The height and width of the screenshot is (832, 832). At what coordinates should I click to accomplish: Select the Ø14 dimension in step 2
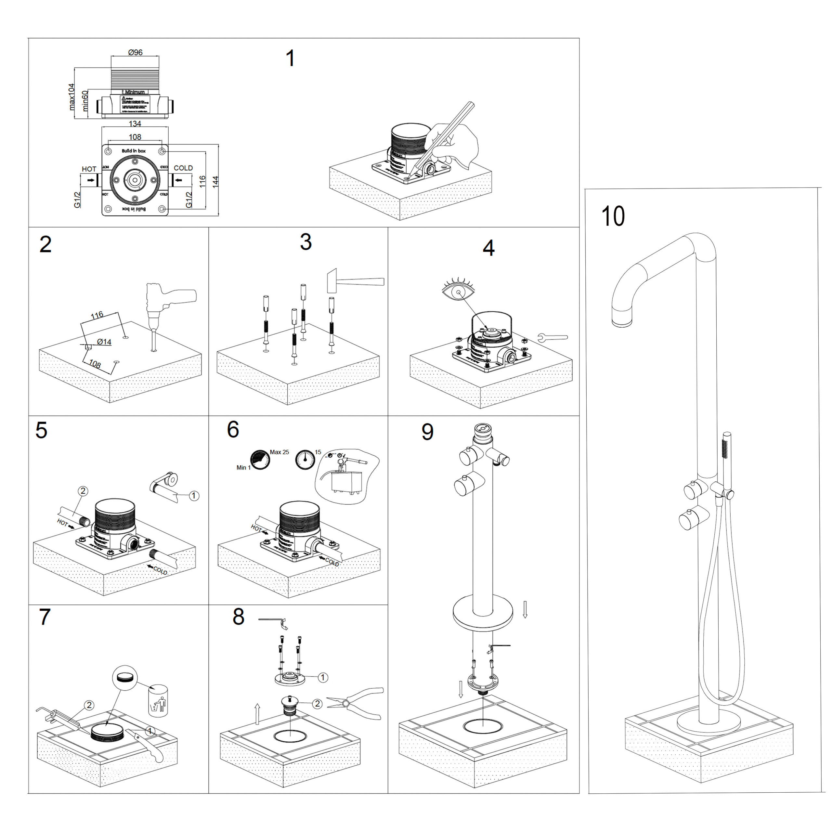tap(104, 342)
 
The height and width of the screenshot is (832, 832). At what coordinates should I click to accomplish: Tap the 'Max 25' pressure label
tap(279, 452)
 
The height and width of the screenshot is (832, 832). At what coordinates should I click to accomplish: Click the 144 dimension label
tap(216, 181)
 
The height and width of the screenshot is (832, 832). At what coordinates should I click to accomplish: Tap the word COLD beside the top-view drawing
tap(183, 168)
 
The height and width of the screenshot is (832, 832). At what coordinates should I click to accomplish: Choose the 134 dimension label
tap(135, 123)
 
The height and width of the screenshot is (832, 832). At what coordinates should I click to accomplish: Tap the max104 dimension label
tap(72, 97)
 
